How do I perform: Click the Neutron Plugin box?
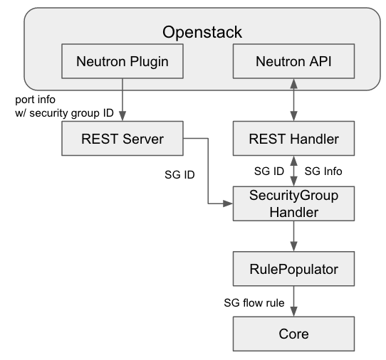click(x=122, y=61)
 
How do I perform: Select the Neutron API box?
click(x=293, y=61)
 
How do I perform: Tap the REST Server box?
click(x=122, y=139)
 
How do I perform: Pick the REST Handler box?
click(x=293, y=139)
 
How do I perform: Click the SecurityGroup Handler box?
click(x=293, y=203)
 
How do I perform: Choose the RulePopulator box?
click(x=293, y=269)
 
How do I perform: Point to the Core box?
click(x=293, y=334)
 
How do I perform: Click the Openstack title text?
click(x=202, y=32)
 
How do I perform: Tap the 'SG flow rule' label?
click(x=254, y=302)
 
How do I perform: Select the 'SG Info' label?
click(x=323, y=171)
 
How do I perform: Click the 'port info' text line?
click(x=35, y=100)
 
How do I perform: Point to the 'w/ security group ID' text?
click(x=64, y=113)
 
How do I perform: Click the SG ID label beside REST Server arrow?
click(x=179, y=175)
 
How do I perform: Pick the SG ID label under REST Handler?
click(x=269, y=171)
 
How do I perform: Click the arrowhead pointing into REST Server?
click(x=122, y=116)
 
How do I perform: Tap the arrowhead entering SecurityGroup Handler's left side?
click(x=228, y=203)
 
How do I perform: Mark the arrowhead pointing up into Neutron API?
click(x=293, y=84)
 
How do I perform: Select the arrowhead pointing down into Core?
click(x=293, y=312)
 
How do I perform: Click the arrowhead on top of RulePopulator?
click(x=293, y=246)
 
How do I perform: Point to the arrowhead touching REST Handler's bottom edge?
click(x=293, y=161)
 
